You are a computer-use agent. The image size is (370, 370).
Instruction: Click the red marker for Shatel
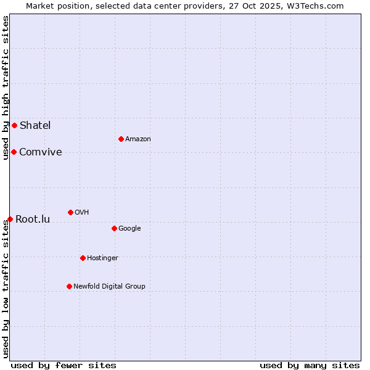tap(14, 125)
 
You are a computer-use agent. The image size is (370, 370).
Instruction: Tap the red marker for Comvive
tap(14, 152)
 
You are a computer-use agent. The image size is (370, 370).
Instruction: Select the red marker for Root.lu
tap(10, 219)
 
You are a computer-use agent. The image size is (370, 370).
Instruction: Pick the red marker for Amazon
tap(121, 139)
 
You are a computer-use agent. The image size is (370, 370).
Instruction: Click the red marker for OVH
tap(70, 212)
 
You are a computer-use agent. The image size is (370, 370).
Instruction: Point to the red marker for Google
tap(114, 228)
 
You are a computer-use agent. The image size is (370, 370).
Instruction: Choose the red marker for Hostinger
tap(83, 258)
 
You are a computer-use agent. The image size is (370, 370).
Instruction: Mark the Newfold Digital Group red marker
tap(69, 286)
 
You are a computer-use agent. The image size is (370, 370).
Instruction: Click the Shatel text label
tap(35, 125)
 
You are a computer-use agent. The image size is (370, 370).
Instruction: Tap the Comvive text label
tap(41, 152)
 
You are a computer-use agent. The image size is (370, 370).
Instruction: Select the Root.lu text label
tap(33, 219)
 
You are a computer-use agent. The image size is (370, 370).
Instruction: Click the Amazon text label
tap(138, 139)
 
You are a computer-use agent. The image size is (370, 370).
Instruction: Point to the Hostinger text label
tap(102, 258)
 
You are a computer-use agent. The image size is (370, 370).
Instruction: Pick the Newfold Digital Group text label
tap(109, 286)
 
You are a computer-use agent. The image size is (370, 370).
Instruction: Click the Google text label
tap(129, 228)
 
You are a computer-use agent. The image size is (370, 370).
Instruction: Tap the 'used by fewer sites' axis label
tap(64, 365)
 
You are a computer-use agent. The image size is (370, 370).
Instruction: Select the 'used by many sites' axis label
tap(310, 365)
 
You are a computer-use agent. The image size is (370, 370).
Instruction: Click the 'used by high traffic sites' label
tap(6, 88)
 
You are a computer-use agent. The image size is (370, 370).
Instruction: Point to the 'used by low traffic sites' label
tap(6, 289)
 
